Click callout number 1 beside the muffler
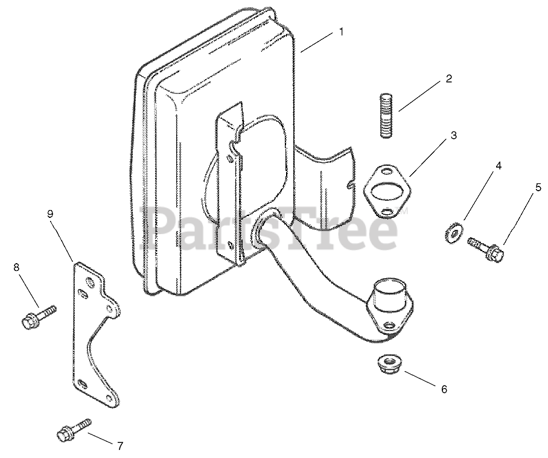(x=341, y=31)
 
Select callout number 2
(x=448, y=78)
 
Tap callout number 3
(x=453, y=136)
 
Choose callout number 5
(x=538, y=187)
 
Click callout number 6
(x=444, y=389)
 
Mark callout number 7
(x=120, y=446)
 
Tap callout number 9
(x=50, y=214)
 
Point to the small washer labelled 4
(x=453, y=233)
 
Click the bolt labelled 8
(x=37, y=317)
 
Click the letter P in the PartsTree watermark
(x=156, y=228)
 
